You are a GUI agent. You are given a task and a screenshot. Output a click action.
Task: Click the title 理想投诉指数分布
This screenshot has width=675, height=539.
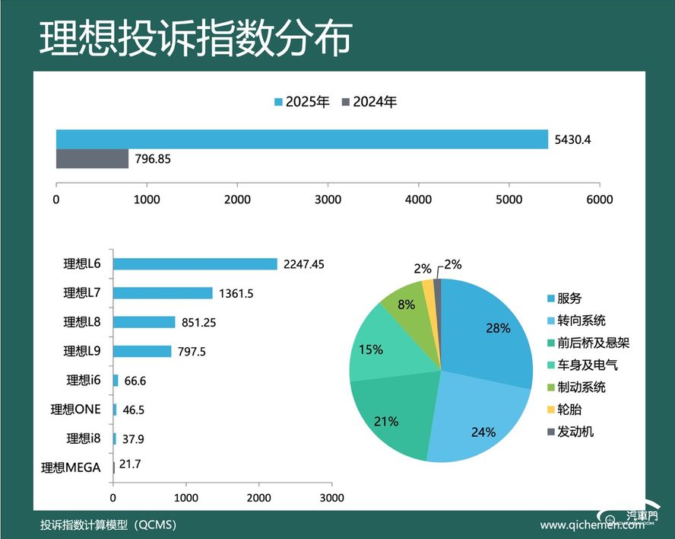(x=195, y=38)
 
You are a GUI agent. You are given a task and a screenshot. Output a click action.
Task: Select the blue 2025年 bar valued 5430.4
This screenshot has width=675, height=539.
(x=302, y=139)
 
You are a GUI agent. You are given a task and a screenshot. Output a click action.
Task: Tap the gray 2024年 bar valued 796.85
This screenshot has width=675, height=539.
(x=92, y=158)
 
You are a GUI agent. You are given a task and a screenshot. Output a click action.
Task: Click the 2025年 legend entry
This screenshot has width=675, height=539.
(x=303, y=102)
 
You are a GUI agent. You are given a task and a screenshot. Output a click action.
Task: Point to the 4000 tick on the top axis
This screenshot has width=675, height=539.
(x=419, y=199)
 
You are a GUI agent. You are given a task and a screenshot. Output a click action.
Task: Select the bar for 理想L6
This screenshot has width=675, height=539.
(x=195, y=264)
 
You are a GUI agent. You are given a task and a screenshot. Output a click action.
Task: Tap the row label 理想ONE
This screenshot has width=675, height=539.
(x=76, y=410)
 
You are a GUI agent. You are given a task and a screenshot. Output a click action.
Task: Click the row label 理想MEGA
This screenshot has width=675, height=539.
(x=71, y=467)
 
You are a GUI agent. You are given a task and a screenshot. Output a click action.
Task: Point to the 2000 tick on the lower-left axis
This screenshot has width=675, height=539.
(x=258, y=498)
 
